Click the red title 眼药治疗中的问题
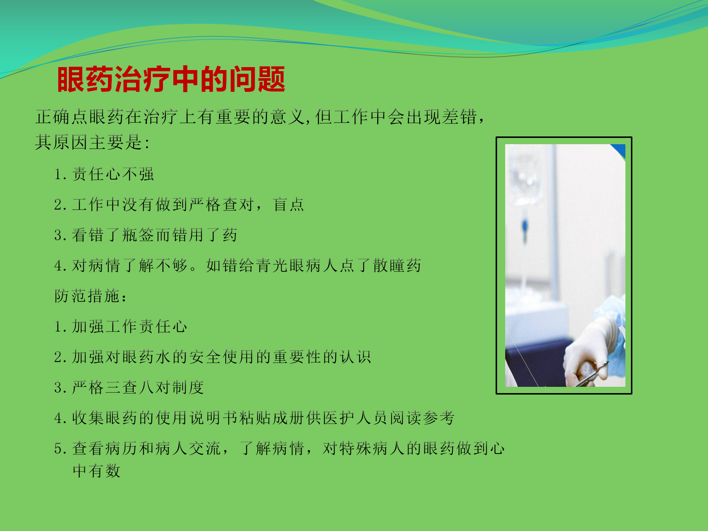(x=171, y=79)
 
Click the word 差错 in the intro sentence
(x=459, y=117)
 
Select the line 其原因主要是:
(x=92, y=142)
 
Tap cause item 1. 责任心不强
(x=104, y=174)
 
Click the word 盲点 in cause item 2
(x=288, y=205)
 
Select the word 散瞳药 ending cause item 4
(x=397, y=265)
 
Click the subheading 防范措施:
(x=91, y=296)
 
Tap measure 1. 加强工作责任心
(x=121, y=327)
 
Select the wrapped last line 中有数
(x=97, y=471)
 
